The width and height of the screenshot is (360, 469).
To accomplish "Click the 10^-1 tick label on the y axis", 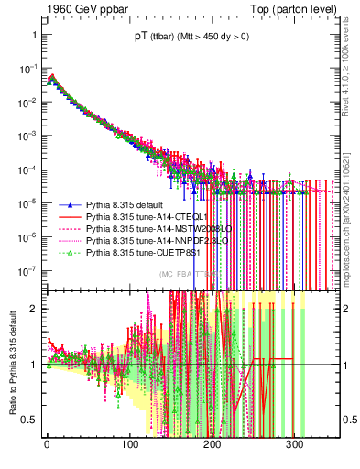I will [29, 71].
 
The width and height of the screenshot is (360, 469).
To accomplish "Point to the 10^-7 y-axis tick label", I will [29, 271].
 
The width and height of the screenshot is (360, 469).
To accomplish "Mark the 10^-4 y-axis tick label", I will [29, 170].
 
